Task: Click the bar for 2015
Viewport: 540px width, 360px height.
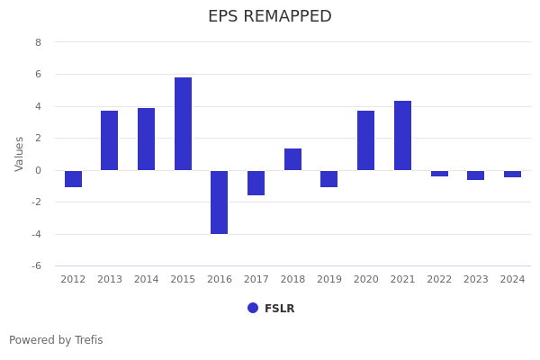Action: tap(183, 124)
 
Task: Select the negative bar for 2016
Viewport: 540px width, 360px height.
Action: tap(220, 202)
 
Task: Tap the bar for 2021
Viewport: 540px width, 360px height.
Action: tap(402, 136)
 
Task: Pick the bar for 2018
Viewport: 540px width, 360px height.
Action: tap(292, 159)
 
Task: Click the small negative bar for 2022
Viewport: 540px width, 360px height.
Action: tap(439, 174)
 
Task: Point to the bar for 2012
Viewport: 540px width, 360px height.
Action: tap(73, 179)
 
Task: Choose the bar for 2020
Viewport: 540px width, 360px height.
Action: tap(365, 140)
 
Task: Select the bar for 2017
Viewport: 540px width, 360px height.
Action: tap(256, 183)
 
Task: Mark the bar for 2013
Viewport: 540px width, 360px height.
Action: tap(110, 140)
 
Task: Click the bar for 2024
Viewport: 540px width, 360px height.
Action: tap(512, 174)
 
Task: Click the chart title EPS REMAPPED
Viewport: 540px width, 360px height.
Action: tap(270, 17)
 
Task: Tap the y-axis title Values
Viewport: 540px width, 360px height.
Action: tap(20, 154)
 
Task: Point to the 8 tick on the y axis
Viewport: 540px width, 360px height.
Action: tap(38, 42)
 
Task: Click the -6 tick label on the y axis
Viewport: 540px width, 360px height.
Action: tap(35, 266)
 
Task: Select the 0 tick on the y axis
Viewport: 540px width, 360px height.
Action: tap(38, 170)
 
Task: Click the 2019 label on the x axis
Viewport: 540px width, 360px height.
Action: tap(329, 280)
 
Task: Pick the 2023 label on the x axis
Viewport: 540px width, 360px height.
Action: tap(475, 280)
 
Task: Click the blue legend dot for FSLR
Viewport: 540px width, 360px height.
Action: tap(253, 308)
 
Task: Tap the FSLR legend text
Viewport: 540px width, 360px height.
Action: tap(279, 309)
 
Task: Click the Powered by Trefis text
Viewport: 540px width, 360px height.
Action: tap(56, 340)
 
